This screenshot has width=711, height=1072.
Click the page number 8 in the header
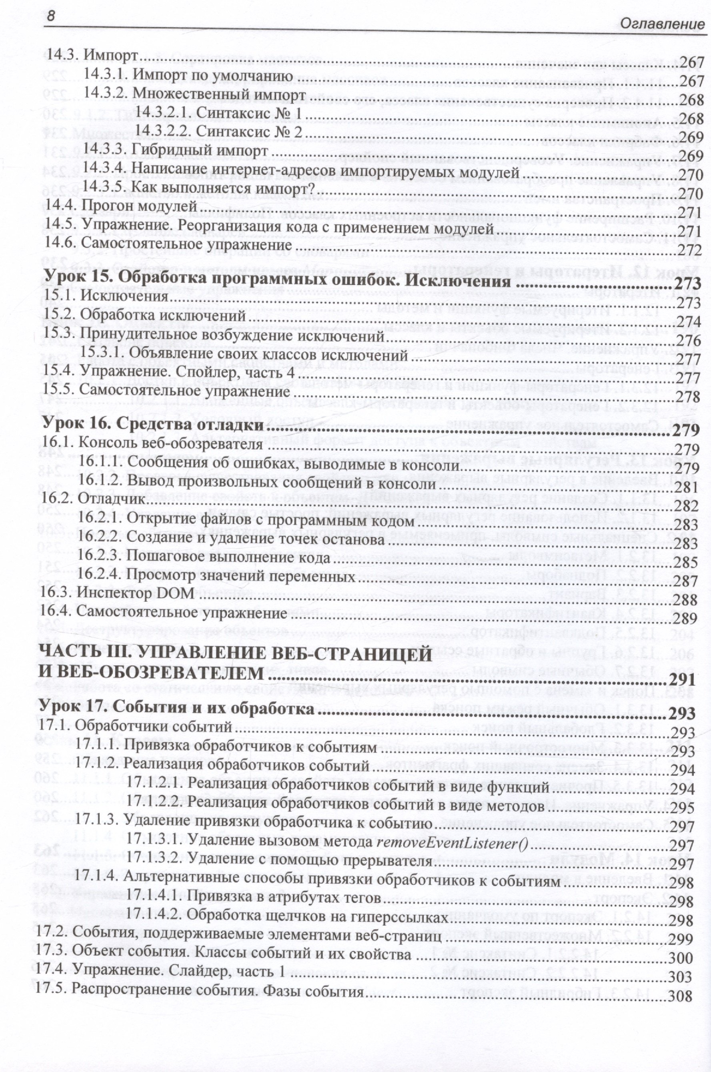coord(51,16)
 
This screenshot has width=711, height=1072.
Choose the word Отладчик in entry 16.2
coord(112,499)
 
